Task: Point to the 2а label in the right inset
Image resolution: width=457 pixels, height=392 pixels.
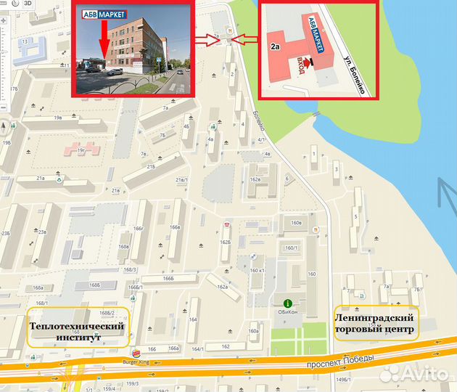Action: coord(276,46)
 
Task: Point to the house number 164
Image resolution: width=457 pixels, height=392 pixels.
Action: coord(192,319)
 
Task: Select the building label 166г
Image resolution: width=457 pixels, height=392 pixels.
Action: coord(139,229)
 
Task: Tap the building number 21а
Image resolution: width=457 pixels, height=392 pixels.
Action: coord(41,177)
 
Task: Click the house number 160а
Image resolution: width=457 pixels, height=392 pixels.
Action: coord(253,331)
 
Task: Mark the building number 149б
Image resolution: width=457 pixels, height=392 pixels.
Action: coord(345,378)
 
